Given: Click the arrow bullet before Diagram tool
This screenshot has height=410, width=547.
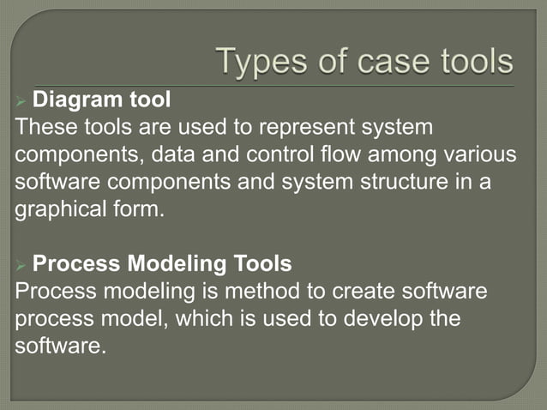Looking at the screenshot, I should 21,101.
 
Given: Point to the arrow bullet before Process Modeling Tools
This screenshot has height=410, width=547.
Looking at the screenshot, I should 21,263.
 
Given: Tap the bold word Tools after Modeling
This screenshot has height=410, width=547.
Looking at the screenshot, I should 261,262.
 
